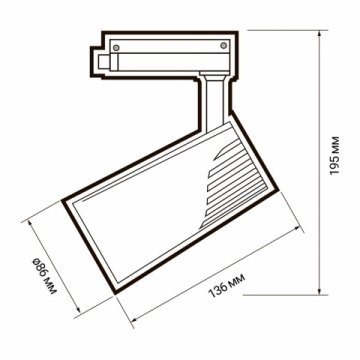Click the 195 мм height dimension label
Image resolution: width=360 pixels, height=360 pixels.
point(341,157)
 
